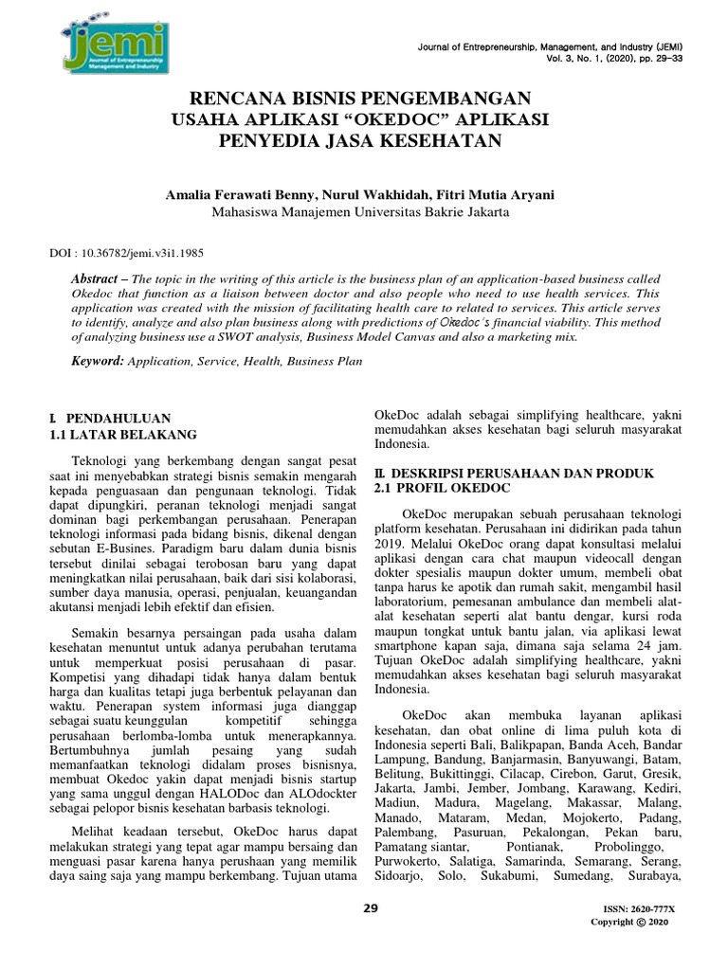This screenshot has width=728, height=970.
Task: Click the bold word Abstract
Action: (100, 280)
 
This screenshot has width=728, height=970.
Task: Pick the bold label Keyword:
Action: (98, 361)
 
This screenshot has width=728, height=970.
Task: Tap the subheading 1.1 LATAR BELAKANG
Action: (122, 435)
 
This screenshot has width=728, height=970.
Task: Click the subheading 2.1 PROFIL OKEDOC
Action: (442, 488)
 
